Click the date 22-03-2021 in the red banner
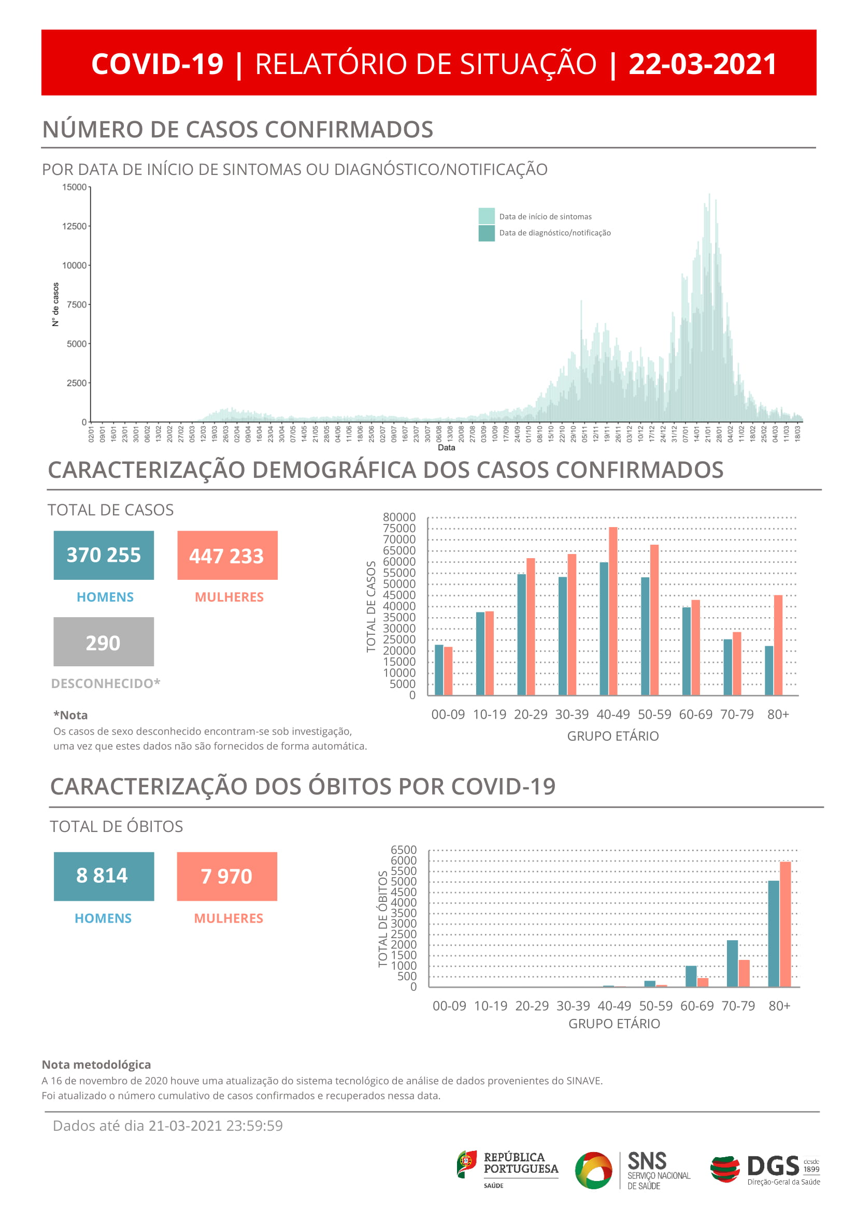tap(702, 64)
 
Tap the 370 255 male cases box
tap(104, 555)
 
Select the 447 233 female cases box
tap(227, 556)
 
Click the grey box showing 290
tap(104, 642)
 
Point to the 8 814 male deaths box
tap(104, 876)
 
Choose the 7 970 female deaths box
tap(227, 877)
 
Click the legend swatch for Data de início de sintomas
tap(486, 216)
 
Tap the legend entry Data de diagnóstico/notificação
tap(554, 233)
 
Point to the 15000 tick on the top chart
tap(75, 187)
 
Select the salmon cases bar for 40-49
tap(612, 611)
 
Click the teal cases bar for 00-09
tap(438, 669)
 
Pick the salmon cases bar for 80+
tap(778, 645)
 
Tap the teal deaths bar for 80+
tap(773, 933)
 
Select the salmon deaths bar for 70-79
tap(744, 973)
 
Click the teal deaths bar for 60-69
tap(691, 976)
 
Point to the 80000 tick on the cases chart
tap(399, 517)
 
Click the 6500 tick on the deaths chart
tap(404, 850)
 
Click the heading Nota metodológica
tap(96, 1064)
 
